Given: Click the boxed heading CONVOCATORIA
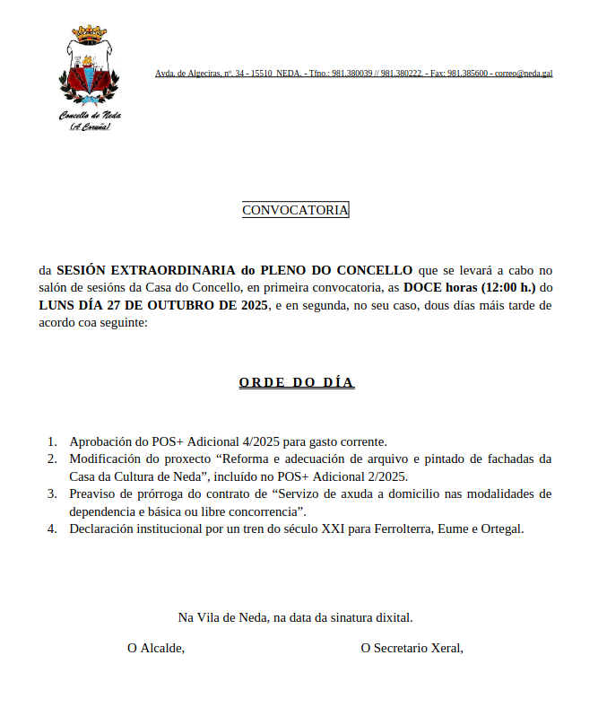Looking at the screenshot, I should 295,210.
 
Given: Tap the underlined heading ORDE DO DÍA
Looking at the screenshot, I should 296,383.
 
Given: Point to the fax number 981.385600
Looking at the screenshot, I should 468,73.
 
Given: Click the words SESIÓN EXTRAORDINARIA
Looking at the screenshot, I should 147,270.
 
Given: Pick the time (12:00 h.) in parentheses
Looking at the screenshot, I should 507,288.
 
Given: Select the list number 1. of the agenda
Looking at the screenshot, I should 52,441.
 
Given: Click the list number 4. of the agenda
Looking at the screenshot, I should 52,528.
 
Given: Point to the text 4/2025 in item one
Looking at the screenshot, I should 261,441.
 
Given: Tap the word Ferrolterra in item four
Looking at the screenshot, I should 405,528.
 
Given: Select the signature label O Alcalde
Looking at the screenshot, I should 156,647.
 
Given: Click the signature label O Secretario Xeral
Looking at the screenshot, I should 412,647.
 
